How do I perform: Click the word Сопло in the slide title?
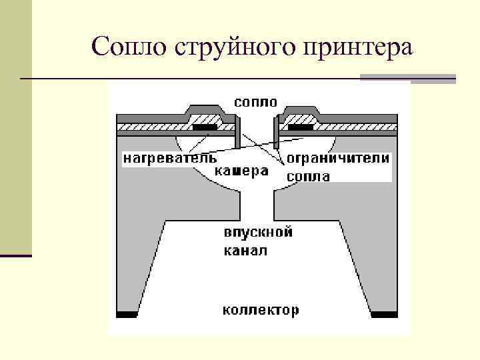(131, 48)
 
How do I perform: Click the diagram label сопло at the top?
(259, 101)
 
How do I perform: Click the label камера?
(241, 171)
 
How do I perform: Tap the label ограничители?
(339, 159)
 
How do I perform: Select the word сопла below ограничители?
(308, 177)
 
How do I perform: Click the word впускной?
(258, 233)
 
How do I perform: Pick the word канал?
(245, 251)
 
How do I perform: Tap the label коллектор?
(260, 310)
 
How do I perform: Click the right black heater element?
(302, 127)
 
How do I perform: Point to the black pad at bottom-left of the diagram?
(127, 313)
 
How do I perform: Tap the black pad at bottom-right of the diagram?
(384, 313)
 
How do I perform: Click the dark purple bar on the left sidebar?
(16, 255)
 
